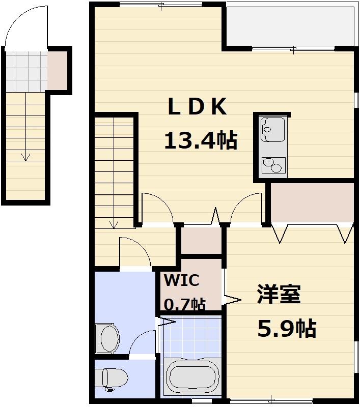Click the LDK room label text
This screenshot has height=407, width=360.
point(197,107)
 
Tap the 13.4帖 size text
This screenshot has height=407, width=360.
point(200,140)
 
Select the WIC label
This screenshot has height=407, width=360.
point(181,280)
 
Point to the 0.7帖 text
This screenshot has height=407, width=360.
point(184,304)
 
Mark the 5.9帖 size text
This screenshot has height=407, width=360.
point(286,329)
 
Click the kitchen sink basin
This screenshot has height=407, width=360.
point(273,129)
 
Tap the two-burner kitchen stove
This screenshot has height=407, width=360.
point(273,166)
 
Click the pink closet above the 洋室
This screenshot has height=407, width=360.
point(312,202)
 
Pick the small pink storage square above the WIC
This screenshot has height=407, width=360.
point(202,241)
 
